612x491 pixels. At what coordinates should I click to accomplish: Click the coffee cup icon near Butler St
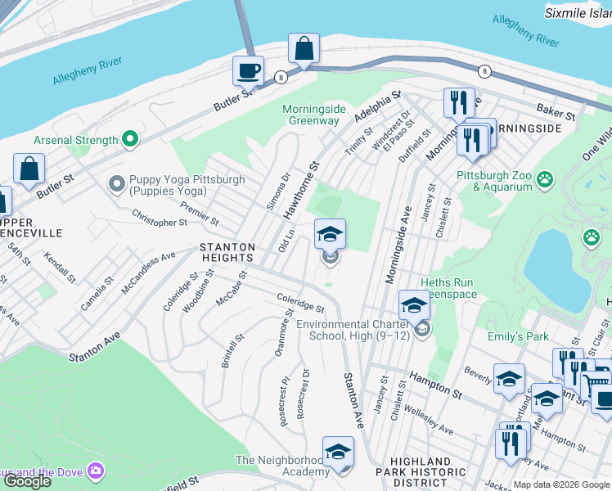coord(248,70)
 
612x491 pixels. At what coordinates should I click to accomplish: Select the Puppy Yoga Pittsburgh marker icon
coord(118,181)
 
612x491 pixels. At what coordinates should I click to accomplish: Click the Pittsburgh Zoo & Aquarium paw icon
coord(545,178)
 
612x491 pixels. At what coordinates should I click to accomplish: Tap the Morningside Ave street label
coord(398,245)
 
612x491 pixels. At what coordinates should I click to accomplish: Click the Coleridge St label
coord(300,303)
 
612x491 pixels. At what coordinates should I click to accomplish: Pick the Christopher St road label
coord(160,218)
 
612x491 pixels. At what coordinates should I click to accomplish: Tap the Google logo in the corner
coord(27,481)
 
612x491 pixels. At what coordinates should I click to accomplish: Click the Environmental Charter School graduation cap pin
coord(415,305)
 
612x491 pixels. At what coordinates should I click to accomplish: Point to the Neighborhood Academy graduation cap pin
coord(339,451)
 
